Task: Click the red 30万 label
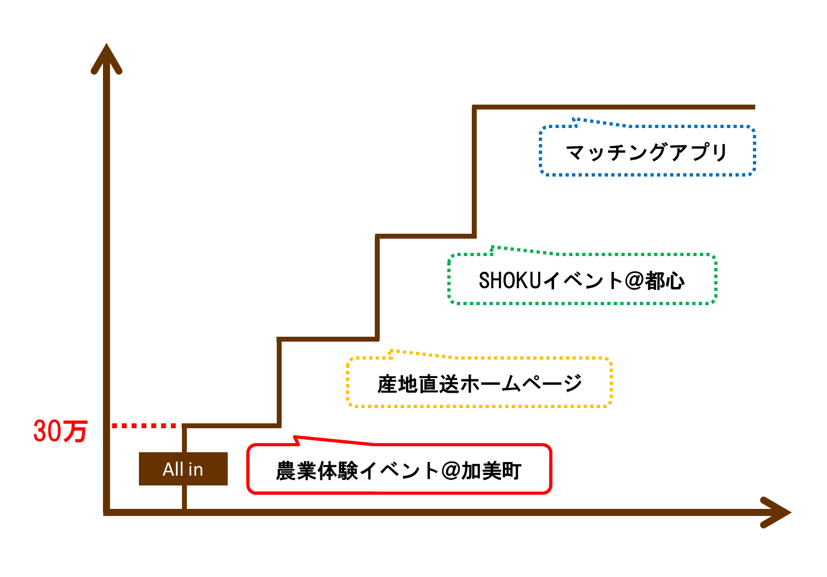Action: coord(60,431)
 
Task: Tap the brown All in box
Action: coord(183,469)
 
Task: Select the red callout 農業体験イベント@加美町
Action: coord(399,470)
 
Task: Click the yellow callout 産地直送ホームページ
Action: coord(479,384)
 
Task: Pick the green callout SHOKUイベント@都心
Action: coord(581,280)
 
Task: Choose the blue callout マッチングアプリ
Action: coord(647,152)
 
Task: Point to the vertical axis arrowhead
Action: coord(106,57)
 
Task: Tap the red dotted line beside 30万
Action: coord(144,426)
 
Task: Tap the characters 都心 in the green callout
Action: coord(665,281)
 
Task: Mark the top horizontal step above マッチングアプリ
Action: coord(613,107)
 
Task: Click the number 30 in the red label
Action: coord(47,431)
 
